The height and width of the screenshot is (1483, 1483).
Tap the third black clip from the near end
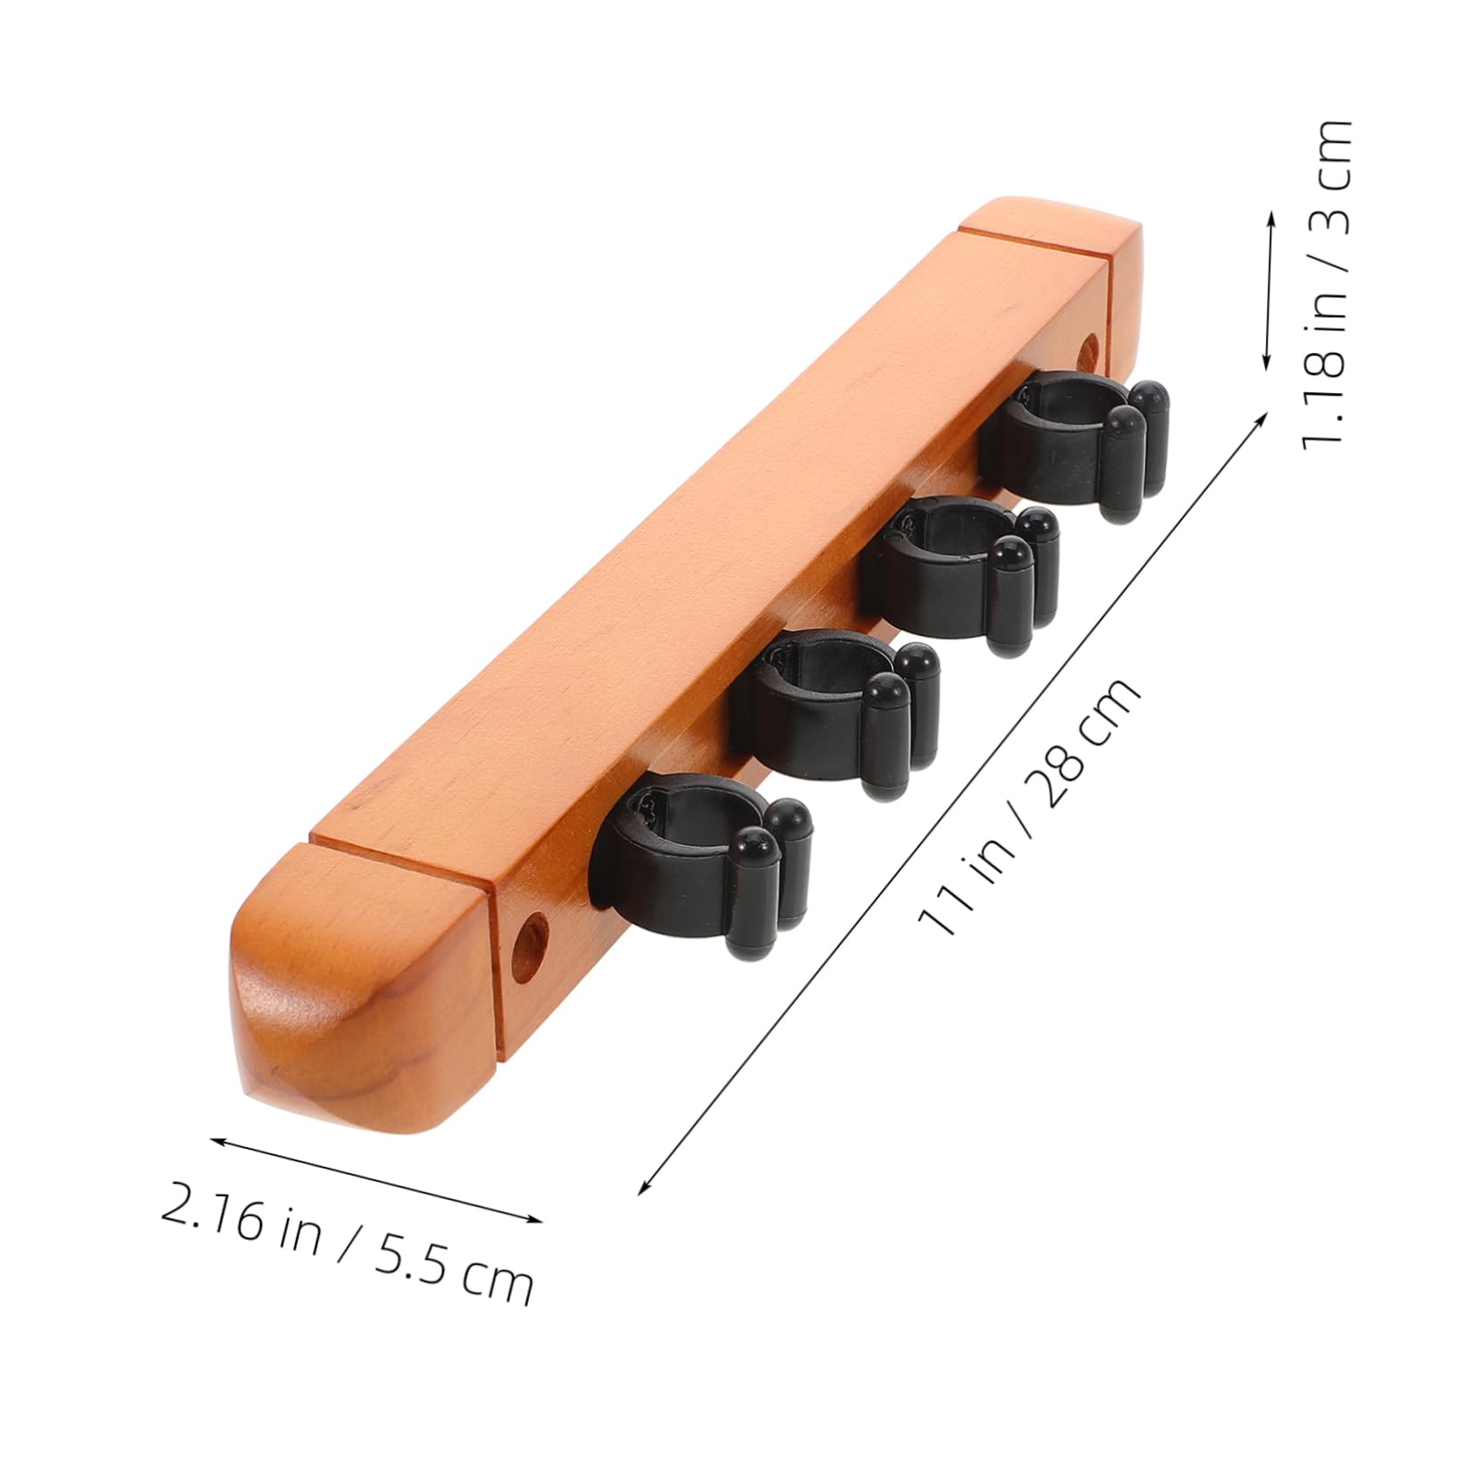point(956,572)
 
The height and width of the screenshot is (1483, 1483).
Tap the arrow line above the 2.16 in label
point(375,1179)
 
